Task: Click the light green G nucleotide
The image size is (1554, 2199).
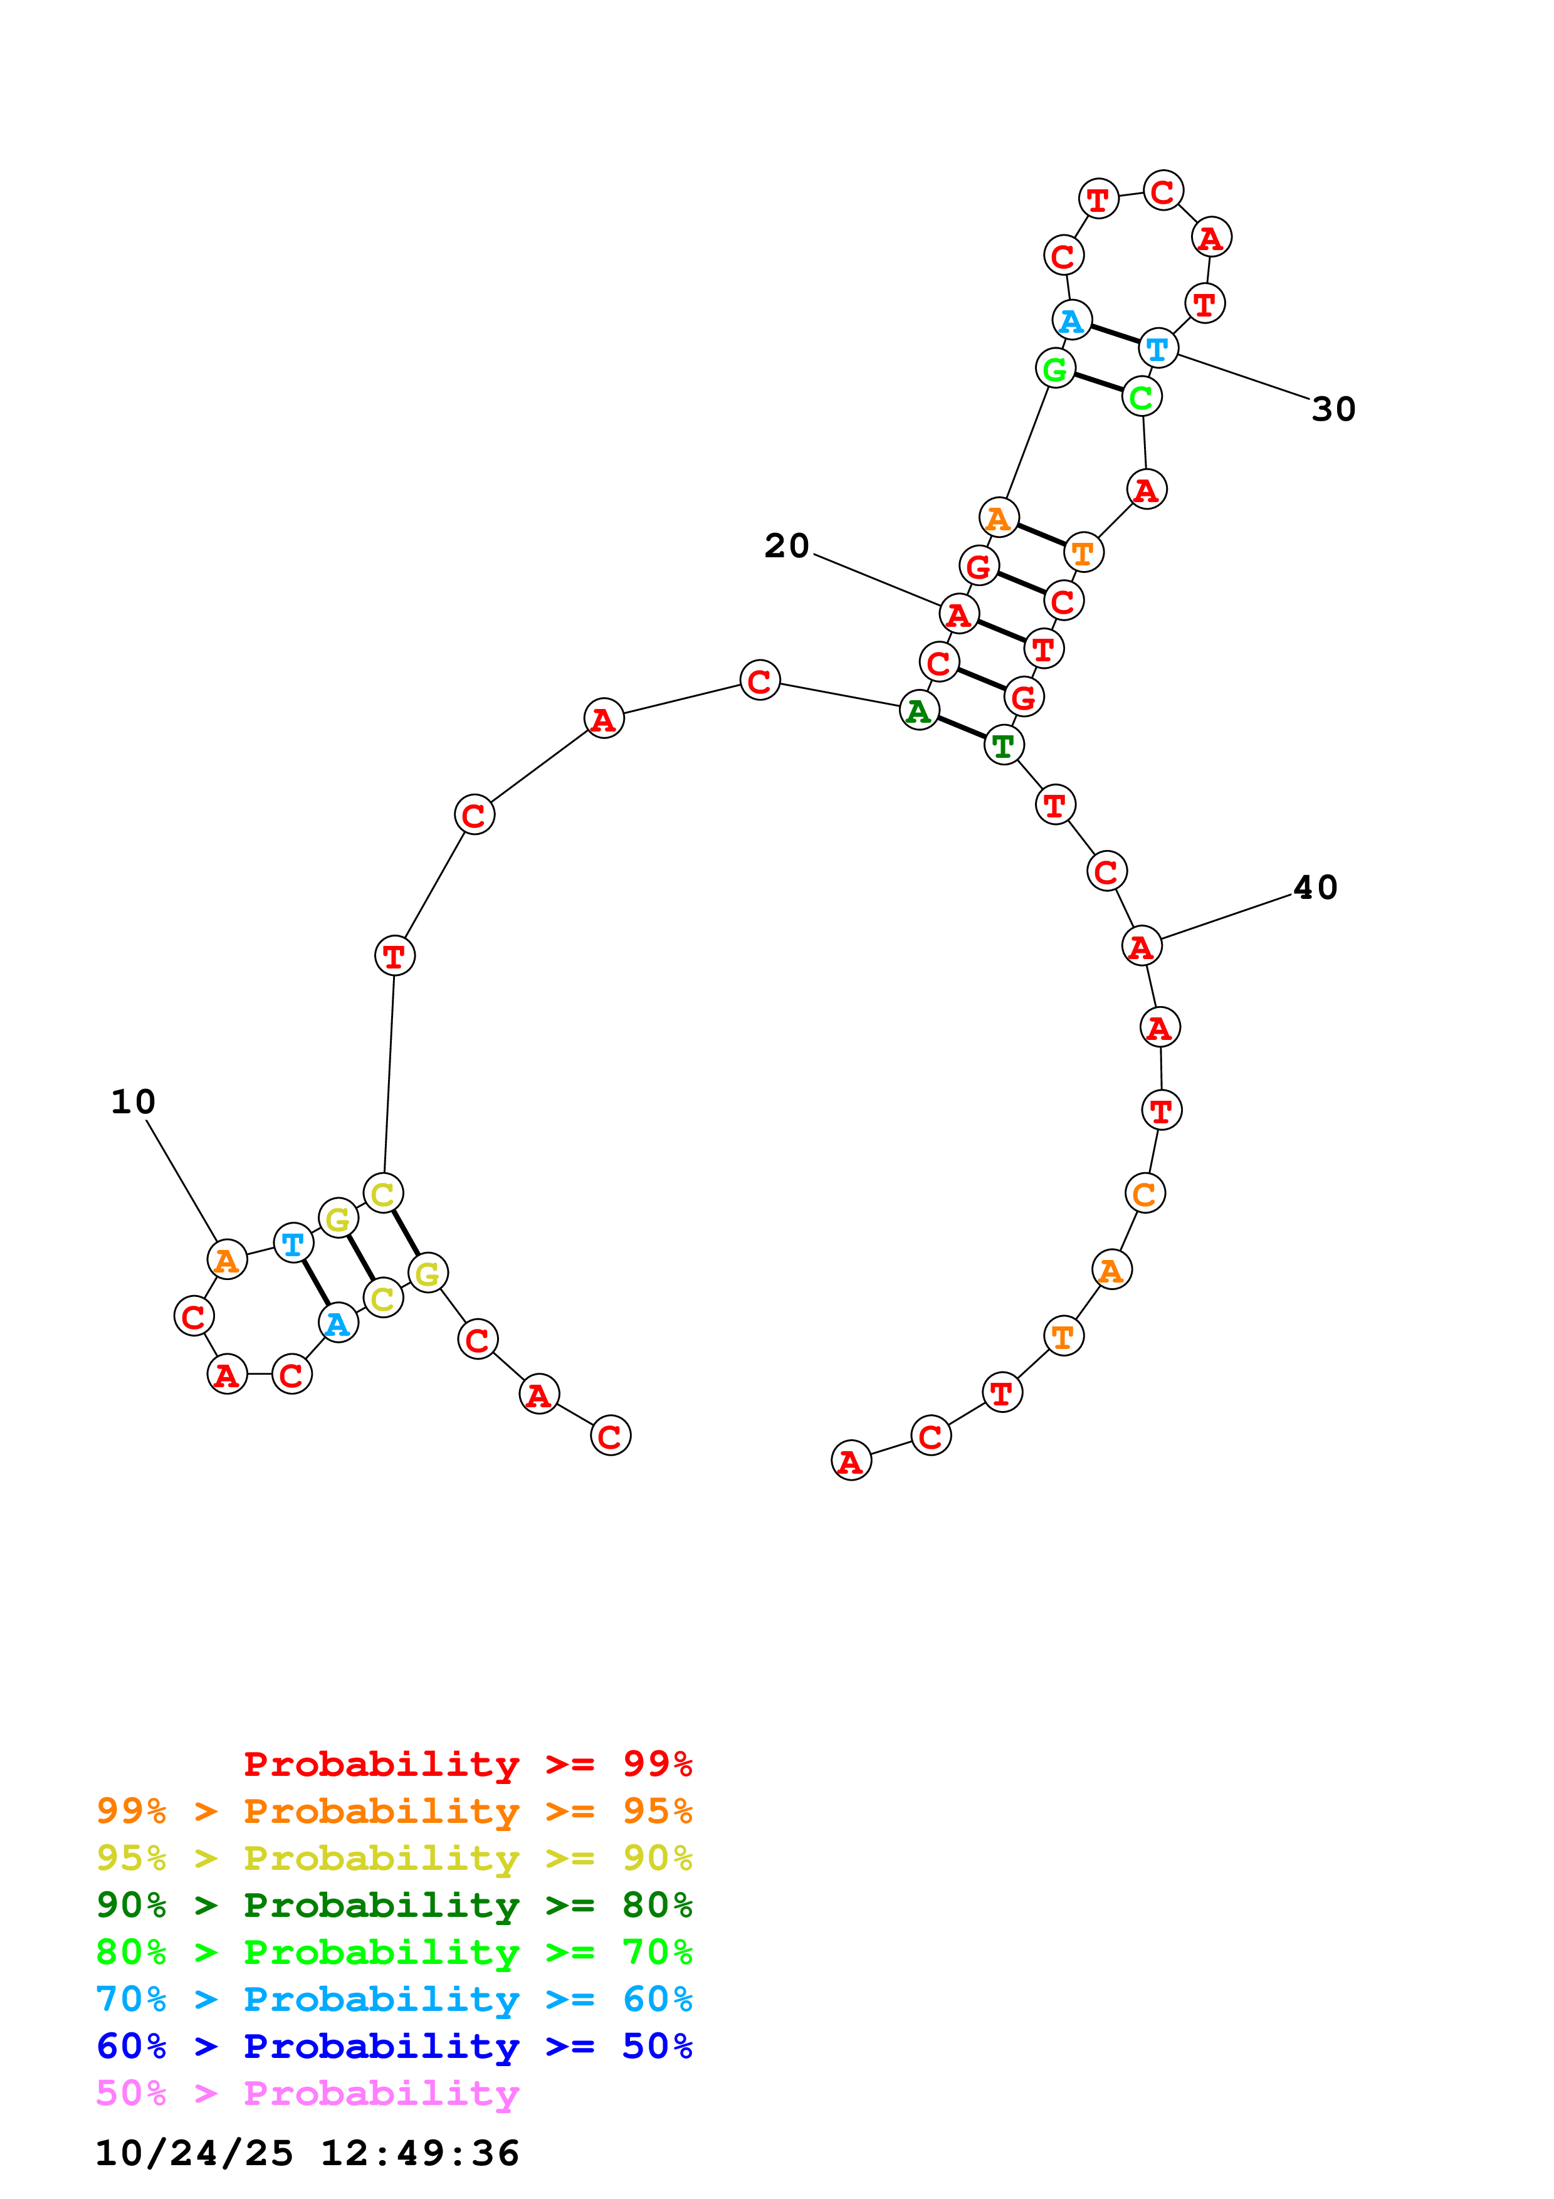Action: tap(1055, 369)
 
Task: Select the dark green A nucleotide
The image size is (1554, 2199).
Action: tap(919, 711)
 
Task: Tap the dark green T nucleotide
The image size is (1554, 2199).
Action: tap(1004, 745)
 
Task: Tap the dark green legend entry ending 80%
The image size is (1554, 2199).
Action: tap(394, 1905)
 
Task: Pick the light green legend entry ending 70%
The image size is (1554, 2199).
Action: tap(394, 1952)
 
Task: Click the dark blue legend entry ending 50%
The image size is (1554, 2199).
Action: tap(394, 2046)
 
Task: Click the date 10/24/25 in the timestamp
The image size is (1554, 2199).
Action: tap(194, 2153)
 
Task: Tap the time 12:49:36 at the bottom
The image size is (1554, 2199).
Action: tap(419, 2153)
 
